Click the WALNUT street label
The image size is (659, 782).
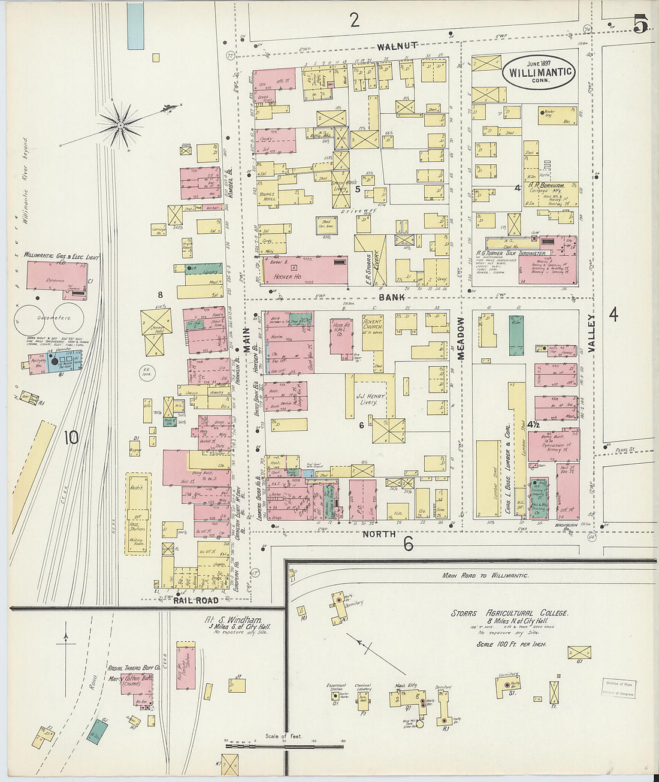click(x=397, y=46)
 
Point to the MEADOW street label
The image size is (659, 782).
click(x=461, y=338)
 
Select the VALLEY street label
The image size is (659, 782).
click(x=592, y=336)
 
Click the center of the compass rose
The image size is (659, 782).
click(x=120, y=125)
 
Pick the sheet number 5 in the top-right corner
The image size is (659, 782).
click(x=641, y=26)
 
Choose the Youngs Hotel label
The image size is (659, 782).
click(x=267, y=197)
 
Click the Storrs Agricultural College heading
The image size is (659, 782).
click(x=509, y=614)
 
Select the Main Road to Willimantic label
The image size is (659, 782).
click(x=485, y=575)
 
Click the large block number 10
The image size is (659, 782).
click(x=71, y=437)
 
